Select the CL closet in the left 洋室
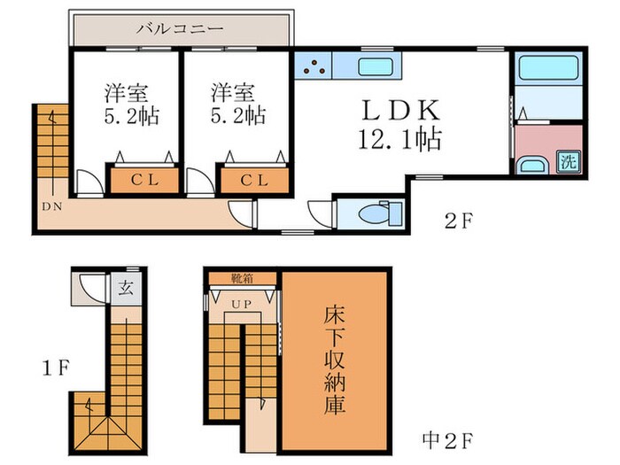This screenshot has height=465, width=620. (143, 180)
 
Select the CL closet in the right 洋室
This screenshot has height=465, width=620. (255, 180)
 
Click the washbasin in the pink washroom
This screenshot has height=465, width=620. (532, 166)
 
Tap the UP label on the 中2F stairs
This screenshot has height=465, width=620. (241, 305)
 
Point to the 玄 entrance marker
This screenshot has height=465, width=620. (127, 286)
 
